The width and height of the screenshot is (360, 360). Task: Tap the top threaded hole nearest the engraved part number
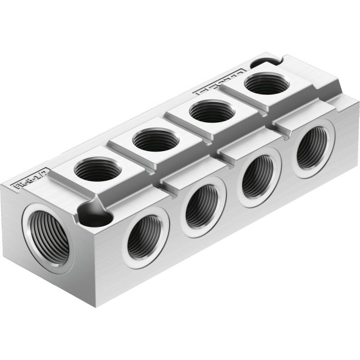(x=98, y=169)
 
